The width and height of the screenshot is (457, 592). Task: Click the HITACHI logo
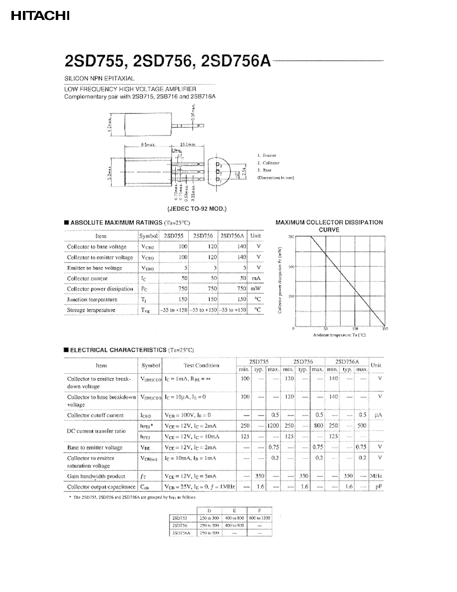click(x=40, y=16)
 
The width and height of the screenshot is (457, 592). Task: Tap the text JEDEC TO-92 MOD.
click(x=197, y=209)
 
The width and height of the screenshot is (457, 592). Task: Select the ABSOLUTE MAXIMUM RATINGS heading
click(x=116, y=223)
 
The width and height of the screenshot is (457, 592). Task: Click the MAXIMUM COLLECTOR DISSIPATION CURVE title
click(x=329, y=226)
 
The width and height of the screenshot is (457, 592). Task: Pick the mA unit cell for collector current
click(x=256, y=279)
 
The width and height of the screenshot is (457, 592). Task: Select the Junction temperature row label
click(x=92, y=299)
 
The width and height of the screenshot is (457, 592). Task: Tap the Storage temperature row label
click(x=91, y=310)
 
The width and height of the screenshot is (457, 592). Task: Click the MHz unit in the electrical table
click(x=376, y=476)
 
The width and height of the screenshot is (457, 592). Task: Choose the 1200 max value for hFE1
click(x=273, y=426)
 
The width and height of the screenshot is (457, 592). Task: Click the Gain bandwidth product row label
click(x=96, y=476)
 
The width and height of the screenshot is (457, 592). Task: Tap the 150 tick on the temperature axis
click(x=384, y=329)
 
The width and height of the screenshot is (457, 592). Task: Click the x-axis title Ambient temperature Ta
click(x=339, y=335)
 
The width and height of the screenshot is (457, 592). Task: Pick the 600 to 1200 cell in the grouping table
click(x=260, y=518)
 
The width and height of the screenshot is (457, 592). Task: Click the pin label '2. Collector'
click(x=268, y=163)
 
